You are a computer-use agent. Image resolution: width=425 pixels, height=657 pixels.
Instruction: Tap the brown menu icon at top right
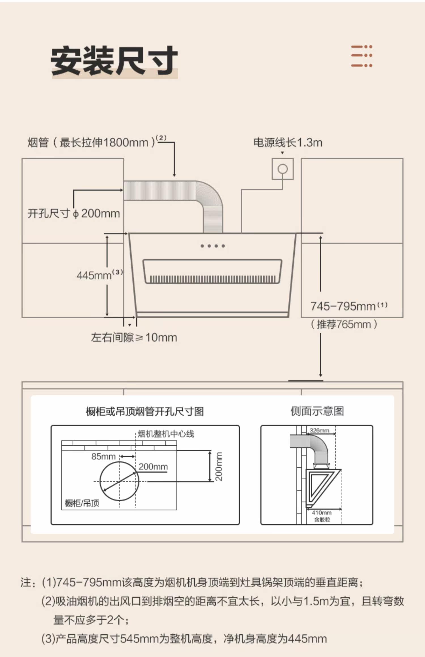pos(362,56)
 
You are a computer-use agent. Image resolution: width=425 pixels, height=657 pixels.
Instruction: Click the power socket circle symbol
pos(282,169)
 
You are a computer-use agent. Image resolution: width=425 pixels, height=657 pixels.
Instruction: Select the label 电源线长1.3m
pos(288,142)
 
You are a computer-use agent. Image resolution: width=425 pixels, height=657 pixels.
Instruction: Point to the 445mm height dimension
pos(94,275)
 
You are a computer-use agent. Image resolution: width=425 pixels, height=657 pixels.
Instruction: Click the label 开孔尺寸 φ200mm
pos(73,213)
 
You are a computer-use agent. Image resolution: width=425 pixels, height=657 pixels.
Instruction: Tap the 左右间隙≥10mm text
pos(134,337)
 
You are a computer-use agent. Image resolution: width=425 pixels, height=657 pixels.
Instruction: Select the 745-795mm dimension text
pos(343,306)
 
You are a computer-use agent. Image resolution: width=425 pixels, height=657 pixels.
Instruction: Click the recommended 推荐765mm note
pos(344,324)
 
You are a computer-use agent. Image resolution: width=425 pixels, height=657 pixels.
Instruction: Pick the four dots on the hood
pos(212,246)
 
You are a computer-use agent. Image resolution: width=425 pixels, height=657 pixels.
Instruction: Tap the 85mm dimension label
pos(103,456)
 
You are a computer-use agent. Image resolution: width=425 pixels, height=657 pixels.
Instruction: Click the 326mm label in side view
pos(319,430)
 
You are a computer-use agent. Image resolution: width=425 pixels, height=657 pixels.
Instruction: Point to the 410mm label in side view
pos(322,512)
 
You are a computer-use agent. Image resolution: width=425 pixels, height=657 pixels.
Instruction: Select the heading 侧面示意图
pos(317,411)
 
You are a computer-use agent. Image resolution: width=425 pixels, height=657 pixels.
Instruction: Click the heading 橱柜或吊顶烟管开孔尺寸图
pos(145,411)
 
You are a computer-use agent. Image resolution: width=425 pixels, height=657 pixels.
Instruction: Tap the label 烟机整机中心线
pos(166,434)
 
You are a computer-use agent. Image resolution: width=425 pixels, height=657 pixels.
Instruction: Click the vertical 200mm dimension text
pos(219,466)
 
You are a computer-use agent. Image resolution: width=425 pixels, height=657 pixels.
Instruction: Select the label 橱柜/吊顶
pos(82,503)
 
